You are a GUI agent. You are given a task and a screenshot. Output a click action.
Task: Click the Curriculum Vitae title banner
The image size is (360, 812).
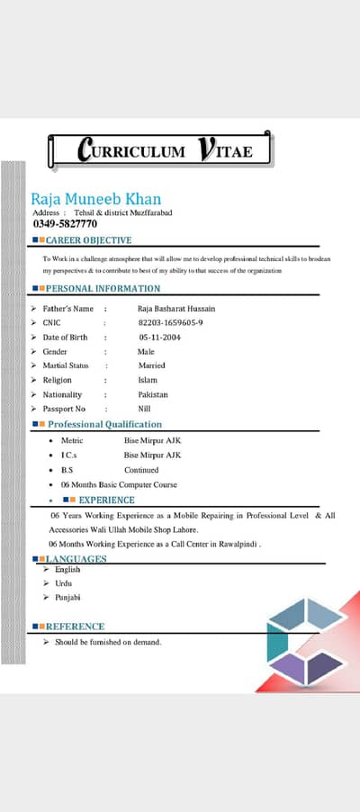160,149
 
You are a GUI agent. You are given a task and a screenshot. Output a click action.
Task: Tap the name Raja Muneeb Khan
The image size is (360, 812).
96,198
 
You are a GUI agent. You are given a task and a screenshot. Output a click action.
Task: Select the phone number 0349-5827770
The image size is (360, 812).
65,223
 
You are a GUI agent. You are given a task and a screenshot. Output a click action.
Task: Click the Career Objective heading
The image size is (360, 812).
88,240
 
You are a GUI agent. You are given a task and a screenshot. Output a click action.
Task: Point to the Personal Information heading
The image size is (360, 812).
103,288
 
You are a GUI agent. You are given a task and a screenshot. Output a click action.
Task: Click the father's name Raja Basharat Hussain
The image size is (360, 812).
176,309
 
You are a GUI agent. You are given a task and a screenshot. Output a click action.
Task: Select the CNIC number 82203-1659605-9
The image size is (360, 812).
170,322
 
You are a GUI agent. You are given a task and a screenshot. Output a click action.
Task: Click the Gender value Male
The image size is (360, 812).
146,351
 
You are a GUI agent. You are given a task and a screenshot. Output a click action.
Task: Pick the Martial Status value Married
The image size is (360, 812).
151,365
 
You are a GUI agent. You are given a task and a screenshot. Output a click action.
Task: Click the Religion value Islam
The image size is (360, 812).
148,380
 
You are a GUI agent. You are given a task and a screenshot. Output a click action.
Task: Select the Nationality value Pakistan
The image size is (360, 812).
153,394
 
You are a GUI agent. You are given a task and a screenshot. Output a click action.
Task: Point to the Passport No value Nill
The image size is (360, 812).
145,409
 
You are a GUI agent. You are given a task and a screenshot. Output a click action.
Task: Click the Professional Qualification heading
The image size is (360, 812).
104,424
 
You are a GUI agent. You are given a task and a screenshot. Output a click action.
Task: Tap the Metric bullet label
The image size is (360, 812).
72,441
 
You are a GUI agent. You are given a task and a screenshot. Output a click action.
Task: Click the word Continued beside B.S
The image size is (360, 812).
141,470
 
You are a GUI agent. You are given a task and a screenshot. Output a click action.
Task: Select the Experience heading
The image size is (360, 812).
106,500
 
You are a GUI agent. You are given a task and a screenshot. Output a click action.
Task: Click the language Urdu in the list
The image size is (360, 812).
64,583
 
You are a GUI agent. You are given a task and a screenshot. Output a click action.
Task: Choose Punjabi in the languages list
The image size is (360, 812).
67,597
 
